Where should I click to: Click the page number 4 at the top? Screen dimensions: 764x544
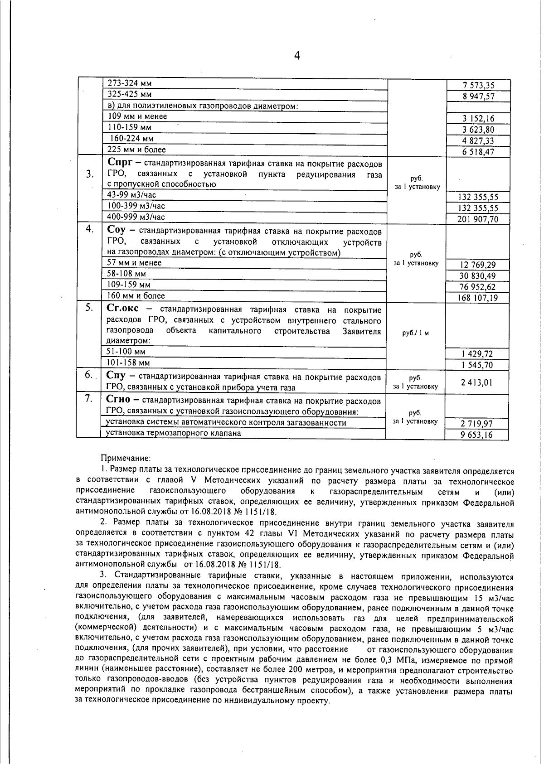297,56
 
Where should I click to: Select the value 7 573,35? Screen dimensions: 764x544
478,85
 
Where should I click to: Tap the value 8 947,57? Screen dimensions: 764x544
478,97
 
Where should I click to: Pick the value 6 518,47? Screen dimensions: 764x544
478,152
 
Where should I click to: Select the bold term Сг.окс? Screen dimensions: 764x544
122,309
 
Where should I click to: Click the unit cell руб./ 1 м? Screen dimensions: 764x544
416,333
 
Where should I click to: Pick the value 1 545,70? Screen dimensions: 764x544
477,365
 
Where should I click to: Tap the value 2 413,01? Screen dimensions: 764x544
476,382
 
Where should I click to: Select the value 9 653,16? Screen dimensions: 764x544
476,435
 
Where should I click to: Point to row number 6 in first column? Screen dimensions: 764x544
89,375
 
